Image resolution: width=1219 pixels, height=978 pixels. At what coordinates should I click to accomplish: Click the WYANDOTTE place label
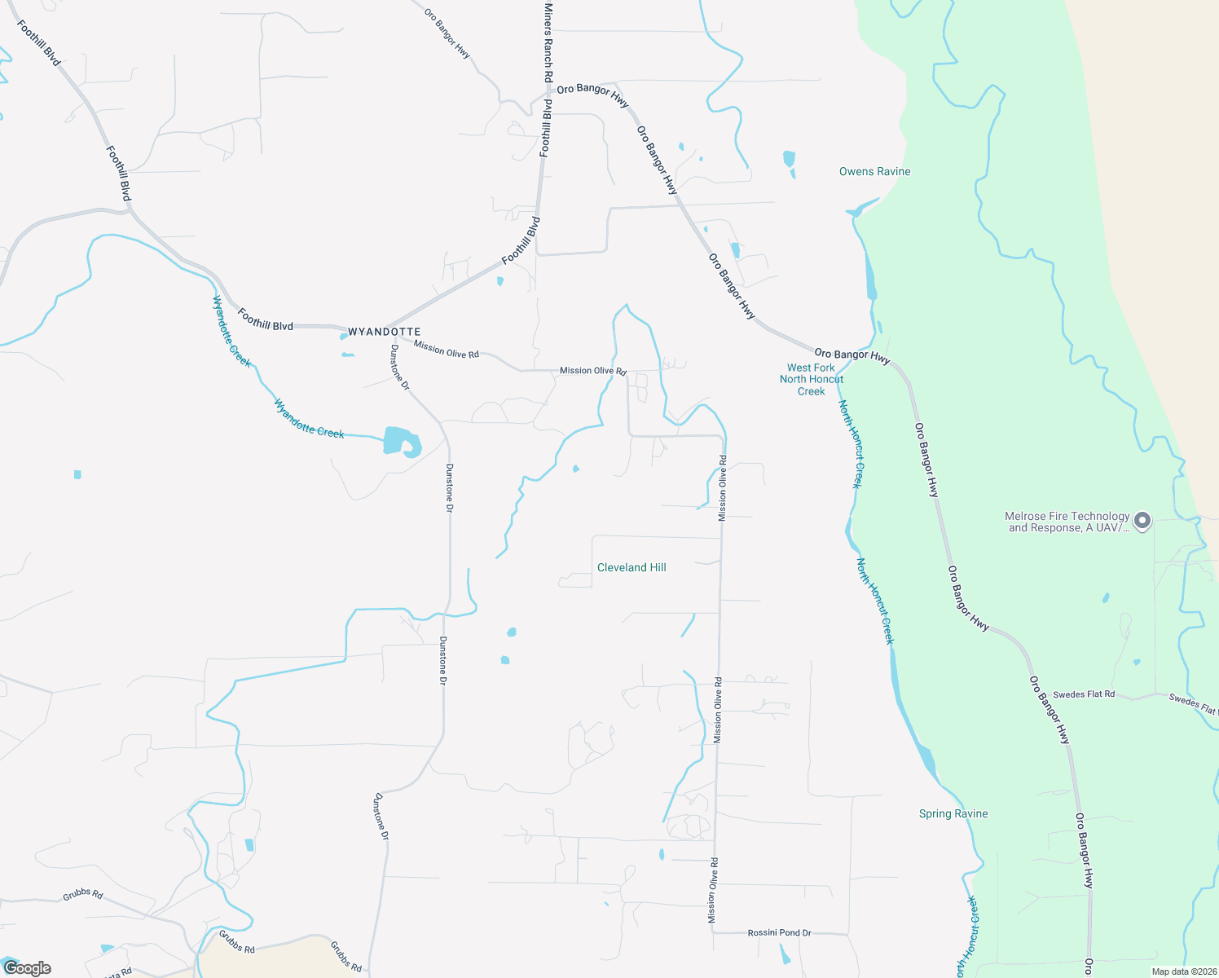point(384,332)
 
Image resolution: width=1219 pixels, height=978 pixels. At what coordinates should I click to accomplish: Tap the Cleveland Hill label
point(632,567)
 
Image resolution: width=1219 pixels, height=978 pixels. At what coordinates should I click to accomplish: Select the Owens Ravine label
point(874,171)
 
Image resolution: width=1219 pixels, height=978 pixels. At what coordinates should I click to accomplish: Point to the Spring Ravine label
point(953,813)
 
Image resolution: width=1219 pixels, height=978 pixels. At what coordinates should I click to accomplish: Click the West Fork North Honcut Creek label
point(811,379)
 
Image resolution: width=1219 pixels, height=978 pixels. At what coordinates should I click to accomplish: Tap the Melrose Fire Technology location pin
point(1142,520)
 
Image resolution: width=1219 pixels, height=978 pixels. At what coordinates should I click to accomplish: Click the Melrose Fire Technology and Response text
point(1067,522)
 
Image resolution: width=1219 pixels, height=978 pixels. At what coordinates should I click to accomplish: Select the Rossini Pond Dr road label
point(779,932)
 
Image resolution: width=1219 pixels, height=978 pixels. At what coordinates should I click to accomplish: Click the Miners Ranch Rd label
point(548,42)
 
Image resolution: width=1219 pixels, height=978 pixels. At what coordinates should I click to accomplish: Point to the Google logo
point(27,968)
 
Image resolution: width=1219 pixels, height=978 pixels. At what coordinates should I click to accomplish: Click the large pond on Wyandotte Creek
point(402,442)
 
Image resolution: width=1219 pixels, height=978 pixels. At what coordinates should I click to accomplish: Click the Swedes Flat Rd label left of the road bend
point(1083,694)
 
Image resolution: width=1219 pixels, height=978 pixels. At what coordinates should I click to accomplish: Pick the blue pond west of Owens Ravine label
point(788,159)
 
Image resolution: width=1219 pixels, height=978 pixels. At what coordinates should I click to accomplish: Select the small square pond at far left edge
point(77,474)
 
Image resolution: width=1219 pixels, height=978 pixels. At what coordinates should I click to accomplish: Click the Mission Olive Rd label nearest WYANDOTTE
point(446,350)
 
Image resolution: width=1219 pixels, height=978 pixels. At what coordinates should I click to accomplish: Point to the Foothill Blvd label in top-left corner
point(38,42)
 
